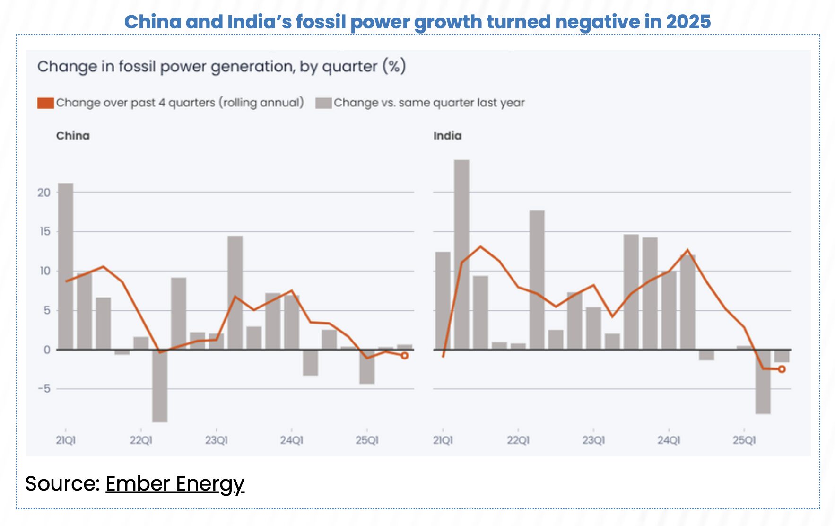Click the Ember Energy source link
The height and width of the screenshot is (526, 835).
click(x=174, y=484)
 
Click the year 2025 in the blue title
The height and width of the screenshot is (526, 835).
click(x=688, y=22)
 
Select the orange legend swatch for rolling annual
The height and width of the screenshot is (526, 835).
click(x=45, y=103)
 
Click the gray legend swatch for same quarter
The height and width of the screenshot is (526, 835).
click(x=323, y=103)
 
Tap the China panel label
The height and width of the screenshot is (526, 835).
click(x=73, y=136)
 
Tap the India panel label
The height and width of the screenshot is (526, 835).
click(x=447, y=136)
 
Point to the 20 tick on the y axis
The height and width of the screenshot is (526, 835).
click(x=44, y=193)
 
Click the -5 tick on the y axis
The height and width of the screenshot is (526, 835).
click(x=44, y=389)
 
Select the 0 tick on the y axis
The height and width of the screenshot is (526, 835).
click(x=47, y=350)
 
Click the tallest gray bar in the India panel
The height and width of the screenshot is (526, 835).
click(x=461, y=255)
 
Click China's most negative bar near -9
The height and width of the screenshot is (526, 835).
click(x=160, y=386)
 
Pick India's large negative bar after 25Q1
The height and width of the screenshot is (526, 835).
click(x=763, y=382)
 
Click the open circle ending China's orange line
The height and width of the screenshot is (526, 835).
click(x=405, y=356)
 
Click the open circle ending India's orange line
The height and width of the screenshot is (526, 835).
click(x=782, y=369)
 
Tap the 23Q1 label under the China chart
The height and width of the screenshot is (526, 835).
click(x=216, y=440)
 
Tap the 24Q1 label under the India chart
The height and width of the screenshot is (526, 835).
click(x=669, y=440)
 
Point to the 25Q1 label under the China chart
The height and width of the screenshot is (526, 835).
click(x=367, y=440)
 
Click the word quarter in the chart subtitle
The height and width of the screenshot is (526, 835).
click(x=349, y=67)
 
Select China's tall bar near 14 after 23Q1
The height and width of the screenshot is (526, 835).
click(x=235, y=293)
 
